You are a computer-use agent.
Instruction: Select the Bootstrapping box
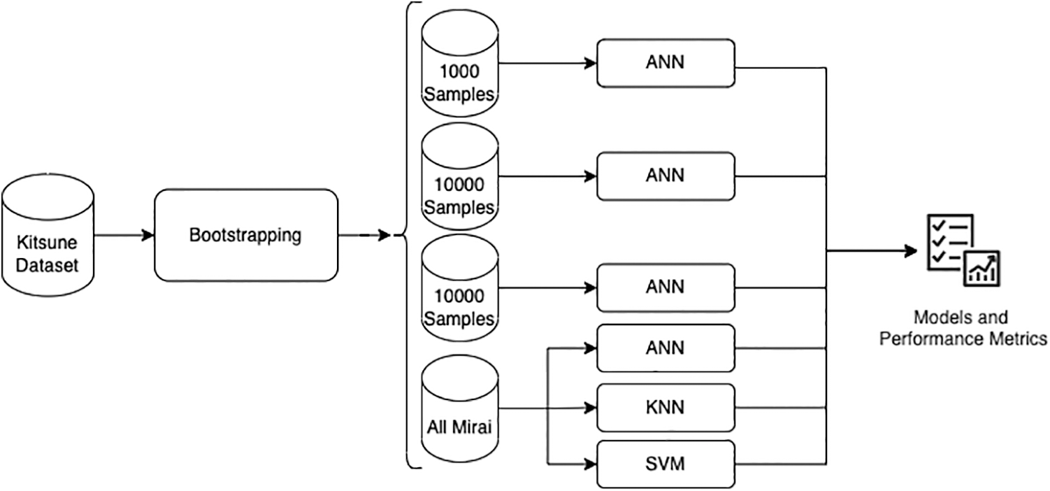point(245,235)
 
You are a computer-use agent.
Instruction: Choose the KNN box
point(665,408)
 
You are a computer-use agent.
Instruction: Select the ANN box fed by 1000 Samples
point(665,63)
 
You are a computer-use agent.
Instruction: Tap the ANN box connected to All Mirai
point(665,348)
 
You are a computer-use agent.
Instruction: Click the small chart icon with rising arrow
point(981,268)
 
